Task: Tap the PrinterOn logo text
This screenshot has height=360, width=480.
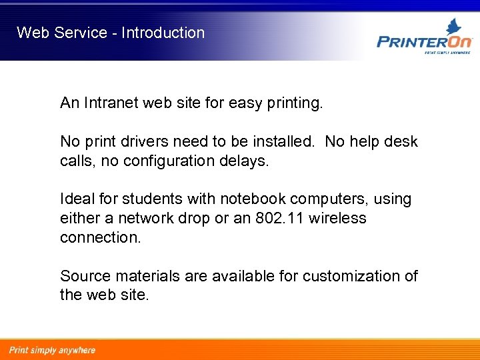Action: click(x=424, y=41)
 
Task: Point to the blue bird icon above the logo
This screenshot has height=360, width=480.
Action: click(x=454, y=26)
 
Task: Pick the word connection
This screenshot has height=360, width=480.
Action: click(x=100, y=238)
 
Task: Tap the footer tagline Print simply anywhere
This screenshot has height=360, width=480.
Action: click(x=52, y=350)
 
